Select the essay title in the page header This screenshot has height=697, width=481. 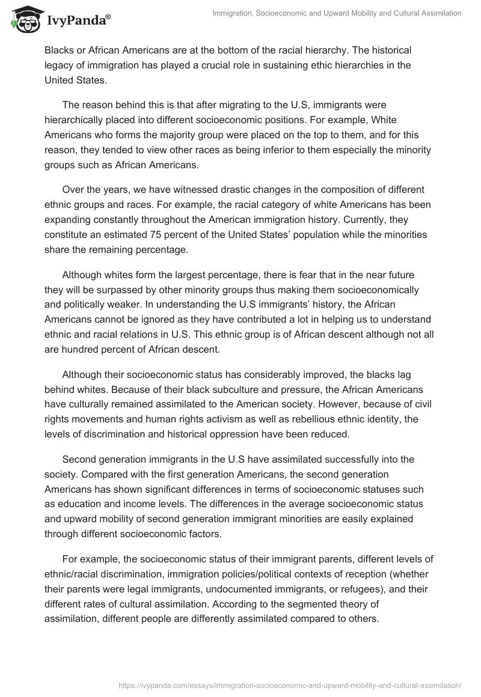[337, 13]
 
